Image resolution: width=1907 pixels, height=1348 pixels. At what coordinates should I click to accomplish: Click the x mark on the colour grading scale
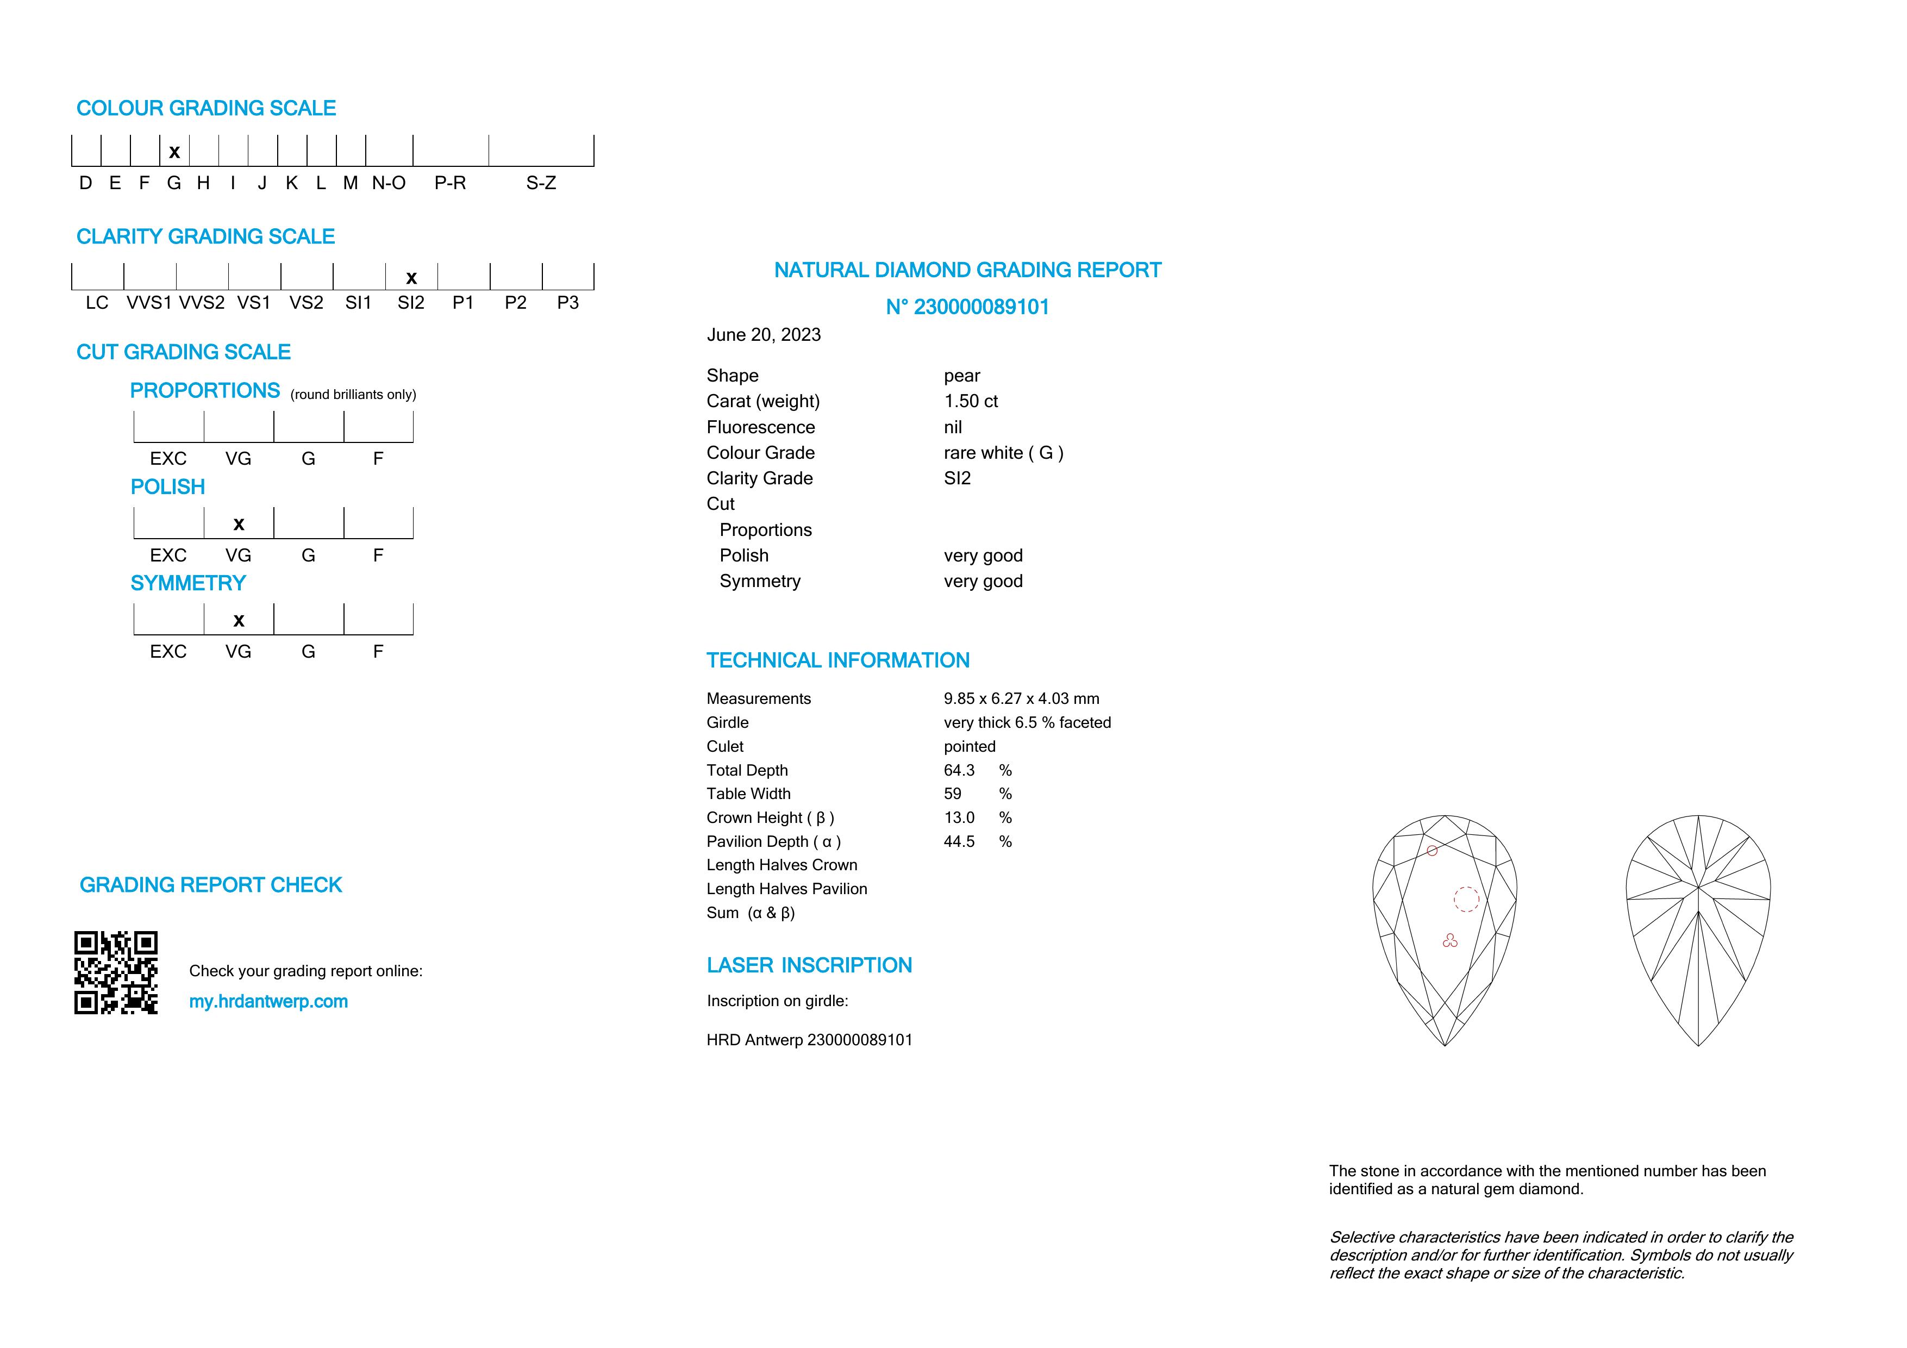coord(174,152)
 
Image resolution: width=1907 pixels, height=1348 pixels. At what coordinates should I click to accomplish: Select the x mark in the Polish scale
coord(239,524)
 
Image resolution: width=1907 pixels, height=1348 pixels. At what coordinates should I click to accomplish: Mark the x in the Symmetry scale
coord(239,620)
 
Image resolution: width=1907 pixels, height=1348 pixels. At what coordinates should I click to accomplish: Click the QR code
coord(116,972)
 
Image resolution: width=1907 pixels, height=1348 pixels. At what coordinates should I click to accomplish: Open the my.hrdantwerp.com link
coord(268,1002)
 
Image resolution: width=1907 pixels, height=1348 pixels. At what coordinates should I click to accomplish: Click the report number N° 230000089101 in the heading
coord(967,307)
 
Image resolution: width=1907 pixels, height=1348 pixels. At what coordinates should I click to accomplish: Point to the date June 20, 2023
coord(764,335)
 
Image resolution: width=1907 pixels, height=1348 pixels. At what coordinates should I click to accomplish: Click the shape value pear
coord(962,376)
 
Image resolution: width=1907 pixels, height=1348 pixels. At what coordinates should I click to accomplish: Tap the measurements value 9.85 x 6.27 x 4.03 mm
coord(1021,698)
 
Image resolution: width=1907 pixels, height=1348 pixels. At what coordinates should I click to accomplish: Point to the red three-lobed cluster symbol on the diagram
coord(1450,941)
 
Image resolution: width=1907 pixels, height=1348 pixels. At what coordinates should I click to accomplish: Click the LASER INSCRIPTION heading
coord(809,965)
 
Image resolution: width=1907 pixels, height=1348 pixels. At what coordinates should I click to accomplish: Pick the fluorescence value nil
coord(953,427)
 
